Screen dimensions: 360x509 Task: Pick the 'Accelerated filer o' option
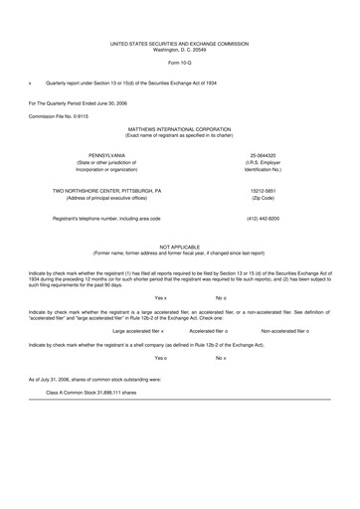209,330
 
